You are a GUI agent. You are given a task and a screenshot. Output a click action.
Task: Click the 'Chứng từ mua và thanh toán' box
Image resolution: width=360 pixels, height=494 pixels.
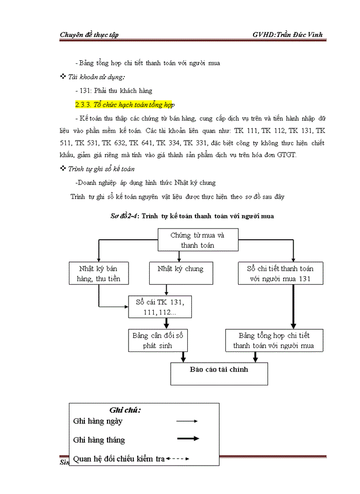click(197, 240)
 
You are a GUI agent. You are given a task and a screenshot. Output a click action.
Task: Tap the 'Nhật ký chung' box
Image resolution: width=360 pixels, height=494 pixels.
click(180, 273)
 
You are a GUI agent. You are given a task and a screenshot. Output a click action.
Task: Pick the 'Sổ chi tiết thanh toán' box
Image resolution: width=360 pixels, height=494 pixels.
click(280, 273)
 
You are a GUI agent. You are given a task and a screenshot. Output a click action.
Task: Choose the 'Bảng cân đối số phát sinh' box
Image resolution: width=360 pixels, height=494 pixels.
click(157, 340)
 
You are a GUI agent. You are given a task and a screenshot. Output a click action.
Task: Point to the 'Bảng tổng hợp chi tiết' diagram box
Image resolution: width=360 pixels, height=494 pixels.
click(274, 340)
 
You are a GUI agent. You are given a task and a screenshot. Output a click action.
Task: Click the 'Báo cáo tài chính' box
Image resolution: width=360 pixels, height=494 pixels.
click(219, 374)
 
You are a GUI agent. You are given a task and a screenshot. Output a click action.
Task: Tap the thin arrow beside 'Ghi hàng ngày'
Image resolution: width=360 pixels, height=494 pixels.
click(187, 421)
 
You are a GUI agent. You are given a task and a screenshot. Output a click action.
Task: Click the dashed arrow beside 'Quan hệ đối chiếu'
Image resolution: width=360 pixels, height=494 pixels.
click(178, 458)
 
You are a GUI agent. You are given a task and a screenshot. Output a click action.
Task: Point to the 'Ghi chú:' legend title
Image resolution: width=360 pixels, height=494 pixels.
click(125, 410)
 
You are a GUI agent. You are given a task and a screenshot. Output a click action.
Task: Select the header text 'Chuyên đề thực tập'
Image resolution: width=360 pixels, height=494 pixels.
click(89, 34)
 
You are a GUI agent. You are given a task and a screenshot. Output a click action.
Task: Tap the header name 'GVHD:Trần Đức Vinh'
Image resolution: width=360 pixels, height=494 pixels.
click(287, 34)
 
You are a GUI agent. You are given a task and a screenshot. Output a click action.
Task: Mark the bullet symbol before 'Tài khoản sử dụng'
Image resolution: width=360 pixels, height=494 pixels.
click(63, 77)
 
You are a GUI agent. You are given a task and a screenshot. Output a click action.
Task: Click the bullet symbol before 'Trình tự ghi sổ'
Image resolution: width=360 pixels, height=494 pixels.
click(63, 168)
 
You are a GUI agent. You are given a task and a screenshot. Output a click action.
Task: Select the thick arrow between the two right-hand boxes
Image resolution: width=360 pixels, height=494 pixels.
click(293, 307)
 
